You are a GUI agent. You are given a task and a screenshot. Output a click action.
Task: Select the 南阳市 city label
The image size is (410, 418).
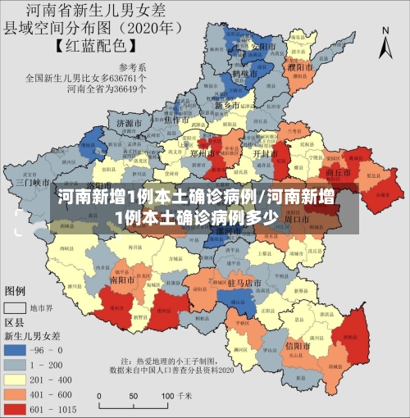click(x=123, y=279)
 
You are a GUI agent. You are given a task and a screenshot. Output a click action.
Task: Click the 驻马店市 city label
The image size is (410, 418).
click(x=244, y=283)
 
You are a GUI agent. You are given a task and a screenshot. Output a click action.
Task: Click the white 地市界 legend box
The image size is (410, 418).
click(x=16, y=308)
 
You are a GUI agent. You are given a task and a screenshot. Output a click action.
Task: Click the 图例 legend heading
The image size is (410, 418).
click(x=16, y=291)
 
